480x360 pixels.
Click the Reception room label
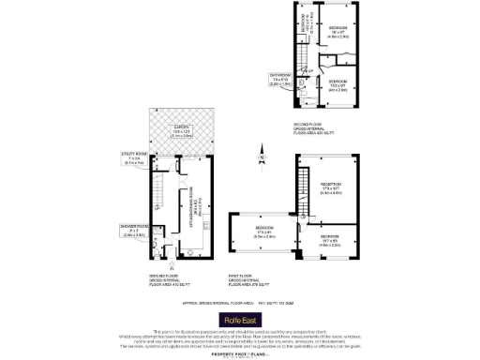click(331, 187)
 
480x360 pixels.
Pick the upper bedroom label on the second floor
click(338, 33)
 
